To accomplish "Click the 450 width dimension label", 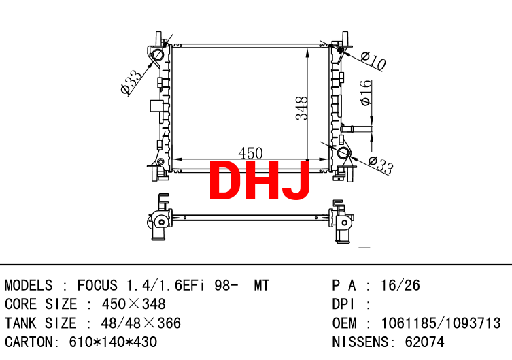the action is tap(250, 153).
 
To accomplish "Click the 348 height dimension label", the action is tap(301, 108).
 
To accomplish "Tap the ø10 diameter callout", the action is tap(373, 60).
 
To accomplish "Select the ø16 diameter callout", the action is tap(366, 93).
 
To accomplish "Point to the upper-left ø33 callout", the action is tap(131, 82).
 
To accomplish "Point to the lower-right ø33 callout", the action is tap(381, 165).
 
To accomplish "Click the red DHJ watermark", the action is tap(259, 180).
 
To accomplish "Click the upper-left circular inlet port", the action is tap(158, 54).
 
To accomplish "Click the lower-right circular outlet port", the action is tap(343, 153).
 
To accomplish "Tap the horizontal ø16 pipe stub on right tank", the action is tap(356, 129).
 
